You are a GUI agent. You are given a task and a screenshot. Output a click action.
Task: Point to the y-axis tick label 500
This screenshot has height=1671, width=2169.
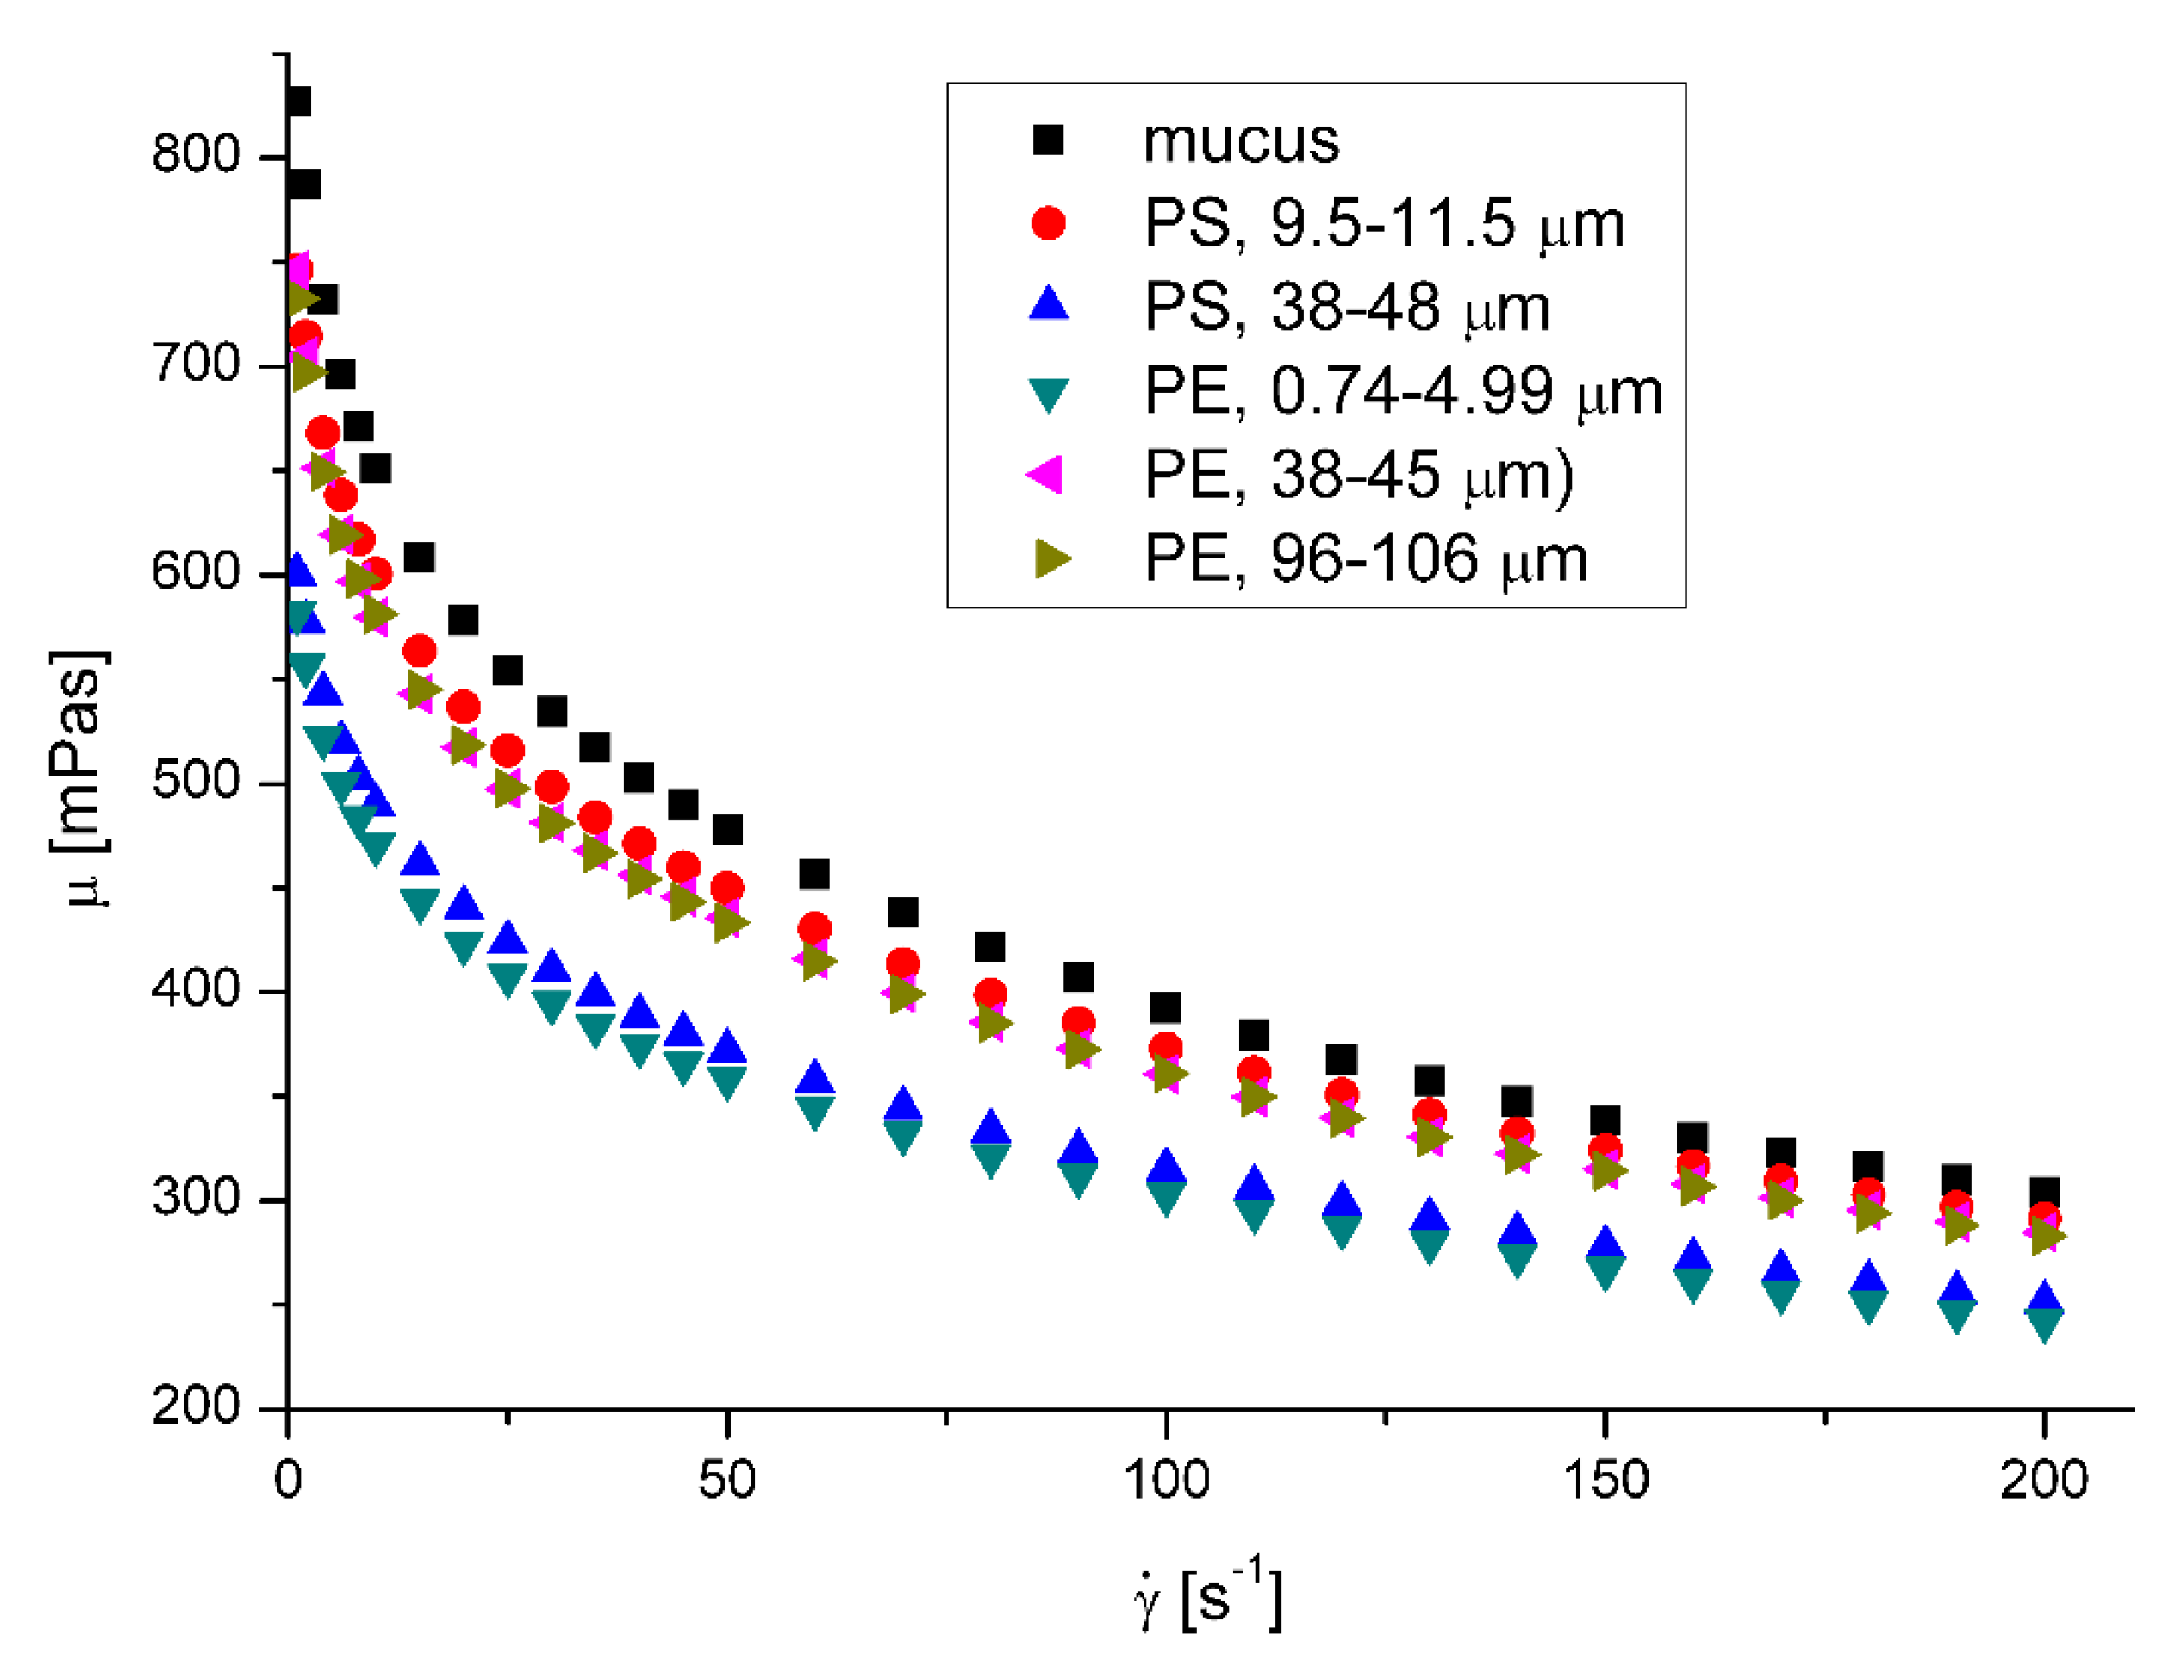196,780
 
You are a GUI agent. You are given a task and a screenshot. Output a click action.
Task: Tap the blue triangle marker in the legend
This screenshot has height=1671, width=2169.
1048,304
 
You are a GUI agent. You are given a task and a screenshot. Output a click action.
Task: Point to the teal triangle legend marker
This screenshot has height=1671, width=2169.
1048,395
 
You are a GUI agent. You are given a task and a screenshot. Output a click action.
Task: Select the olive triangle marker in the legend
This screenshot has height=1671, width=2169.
1051,558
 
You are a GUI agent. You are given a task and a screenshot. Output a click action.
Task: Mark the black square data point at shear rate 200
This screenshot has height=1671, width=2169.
2043,1194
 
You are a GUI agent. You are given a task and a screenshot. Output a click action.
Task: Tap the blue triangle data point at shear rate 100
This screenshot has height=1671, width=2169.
1165,1169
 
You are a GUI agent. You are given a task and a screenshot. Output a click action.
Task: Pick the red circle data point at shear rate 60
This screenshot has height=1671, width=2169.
814,929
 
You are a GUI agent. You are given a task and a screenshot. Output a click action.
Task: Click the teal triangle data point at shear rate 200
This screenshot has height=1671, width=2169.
2043,1325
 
